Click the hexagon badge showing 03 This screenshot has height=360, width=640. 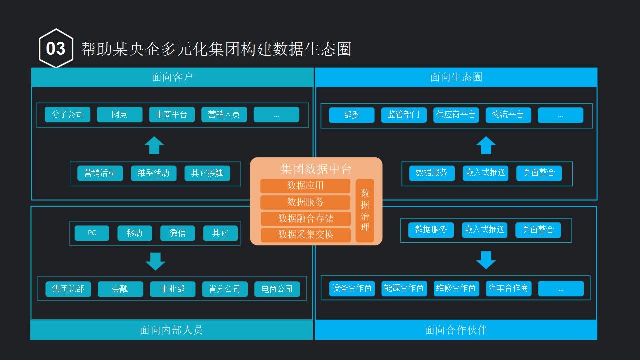pyautogui.click(x=56, y=48)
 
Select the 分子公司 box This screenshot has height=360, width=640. pyautogui.click(x=67, y=114)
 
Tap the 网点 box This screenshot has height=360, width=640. pyautogui.click(x=120, y=114)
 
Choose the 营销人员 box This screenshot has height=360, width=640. pyautogui.click(x=224, y=114)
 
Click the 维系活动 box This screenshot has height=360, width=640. pyautogui.click(x=154, y=173)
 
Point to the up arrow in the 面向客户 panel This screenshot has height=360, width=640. pyautogui.click(x=154, y=145)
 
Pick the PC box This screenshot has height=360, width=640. pyautogui.click(x=92, y=233)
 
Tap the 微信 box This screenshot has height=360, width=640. pyautogui.click(x=177, y=233)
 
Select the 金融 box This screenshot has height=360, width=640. pyautogui.click(x=120, y=289)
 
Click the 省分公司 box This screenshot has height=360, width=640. pyautogui.click(x=225, y=289)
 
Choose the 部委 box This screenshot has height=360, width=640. pyautogui.click(x=352, y=115)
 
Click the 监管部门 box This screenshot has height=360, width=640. pyautogui.click(x=404, y=115)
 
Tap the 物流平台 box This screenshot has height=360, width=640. pyautogui.click(x=508, y=115)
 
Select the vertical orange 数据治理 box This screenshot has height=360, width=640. pyautogui.click(x=365, y=210)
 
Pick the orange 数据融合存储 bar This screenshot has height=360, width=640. pyautogui.click(x=305, y=219)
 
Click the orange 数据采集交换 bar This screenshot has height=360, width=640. pyautogui.click(x=305, y=235)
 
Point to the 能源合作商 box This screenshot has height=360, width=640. pyautogui.click(x=404, y=288)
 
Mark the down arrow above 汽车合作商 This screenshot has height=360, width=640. pyautogui.click(x=486, y=260)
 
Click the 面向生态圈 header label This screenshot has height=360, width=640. pyautogui.click(x=456, y=77)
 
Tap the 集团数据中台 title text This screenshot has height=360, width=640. pyautogui.click(x=316, y=169)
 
